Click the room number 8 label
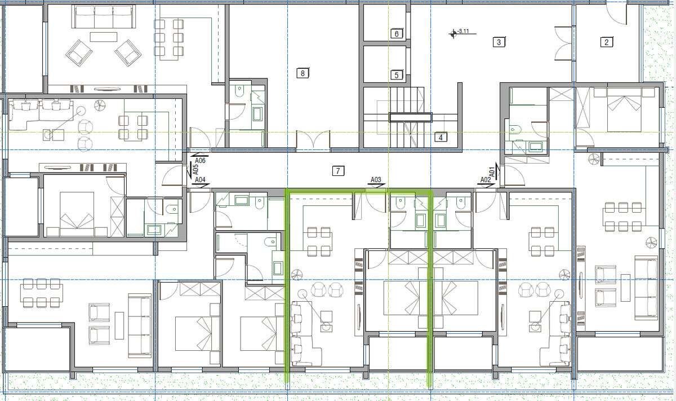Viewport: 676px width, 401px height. (303, 73)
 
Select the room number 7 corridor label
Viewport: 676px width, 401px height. (338, 171)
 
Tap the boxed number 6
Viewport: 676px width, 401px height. (397, 34)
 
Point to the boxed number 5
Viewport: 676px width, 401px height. (397, 75)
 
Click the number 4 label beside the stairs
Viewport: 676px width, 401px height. (441, 138)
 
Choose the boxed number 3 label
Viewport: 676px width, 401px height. (499, 42)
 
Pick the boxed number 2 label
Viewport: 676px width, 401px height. (607, 42)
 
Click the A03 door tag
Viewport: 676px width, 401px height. (376, 180)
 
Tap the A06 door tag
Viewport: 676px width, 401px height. (200, 161)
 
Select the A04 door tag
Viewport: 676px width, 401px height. (200, 180)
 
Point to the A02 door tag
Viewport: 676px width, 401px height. (486, 180)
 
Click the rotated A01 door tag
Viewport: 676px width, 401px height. (492, 172)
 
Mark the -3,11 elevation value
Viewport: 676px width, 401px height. (463, 31)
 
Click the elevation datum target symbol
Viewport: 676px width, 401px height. (453, 34)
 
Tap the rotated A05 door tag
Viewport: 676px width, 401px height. (195, 170)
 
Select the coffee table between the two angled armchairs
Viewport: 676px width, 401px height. (104, 37)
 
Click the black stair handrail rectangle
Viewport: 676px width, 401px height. (411, 117)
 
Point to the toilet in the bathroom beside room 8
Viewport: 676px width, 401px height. (239, 91)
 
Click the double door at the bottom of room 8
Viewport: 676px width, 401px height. (313, 140)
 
